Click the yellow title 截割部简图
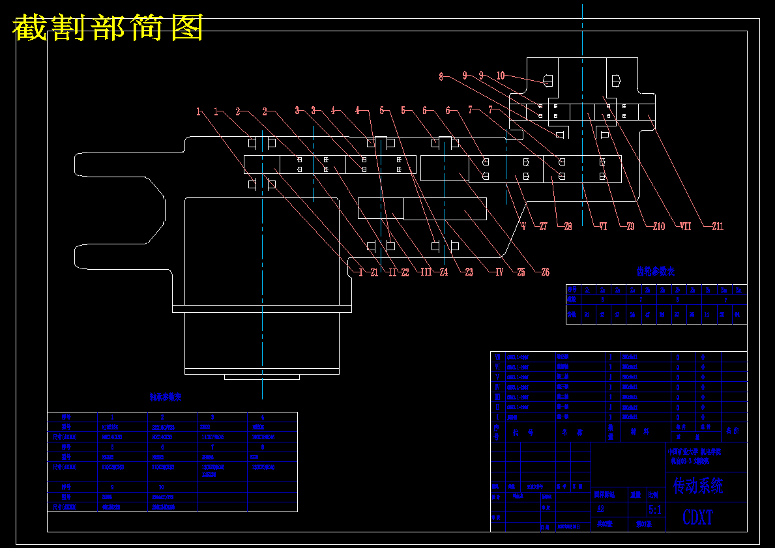[108, 29]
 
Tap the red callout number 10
[501, 76]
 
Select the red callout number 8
[441, 77]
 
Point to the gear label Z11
[717, 227]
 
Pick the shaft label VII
[685, 227]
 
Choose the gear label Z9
[630, 227]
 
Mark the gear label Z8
[568, 227]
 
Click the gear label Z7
[543, 227]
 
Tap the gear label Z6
[545, 272]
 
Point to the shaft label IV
[499, 272]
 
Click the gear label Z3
[468, 272]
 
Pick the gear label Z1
[373, 272]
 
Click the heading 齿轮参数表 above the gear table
[656, 271]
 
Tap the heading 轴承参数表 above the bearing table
[166, 397]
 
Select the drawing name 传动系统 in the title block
[698, 485]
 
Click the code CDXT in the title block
[697, 518]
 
